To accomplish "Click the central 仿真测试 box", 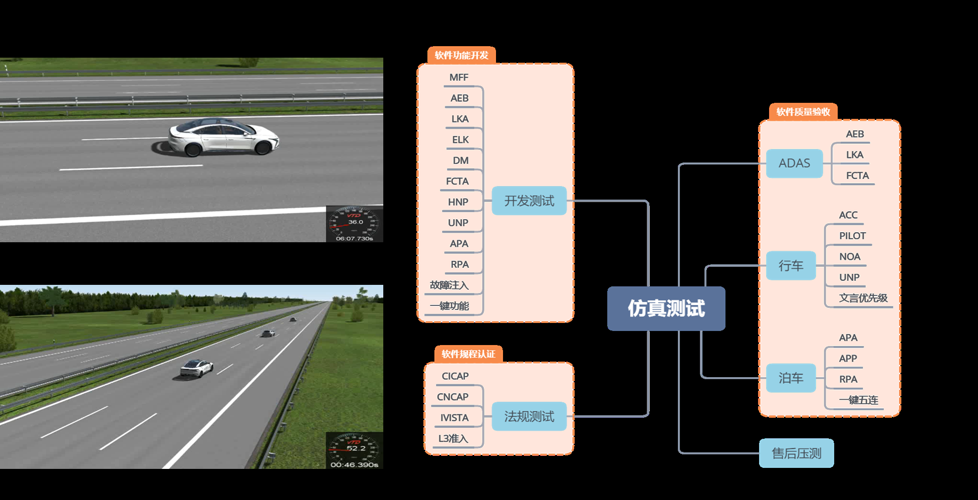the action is click(666, 308).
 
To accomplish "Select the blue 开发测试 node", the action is click(529, 201).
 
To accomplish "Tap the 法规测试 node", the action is click(529, 416).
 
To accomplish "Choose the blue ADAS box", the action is click(794, 163).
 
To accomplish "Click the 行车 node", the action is click(791, 265).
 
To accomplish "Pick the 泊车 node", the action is click(791, 378).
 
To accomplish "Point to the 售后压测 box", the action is click(796, 453).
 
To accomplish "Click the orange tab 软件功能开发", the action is click(461, 55).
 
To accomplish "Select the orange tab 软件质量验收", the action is click(803, 112).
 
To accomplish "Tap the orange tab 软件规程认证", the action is click(468, 354).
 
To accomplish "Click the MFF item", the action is click(458, 77).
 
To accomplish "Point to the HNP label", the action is click(458, 202).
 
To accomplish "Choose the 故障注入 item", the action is click(449, 285).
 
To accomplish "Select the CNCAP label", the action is click(452, 397).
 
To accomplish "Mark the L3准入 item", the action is click(453, 438).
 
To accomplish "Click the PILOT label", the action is click(852, 236).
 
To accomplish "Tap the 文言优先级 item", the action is click(863, 298).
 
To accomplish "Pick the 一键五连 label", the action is click(858, 400).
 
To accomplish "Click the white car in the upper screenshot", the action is click(223, 136).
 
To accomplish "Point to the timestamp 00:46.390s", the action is click(354, 465).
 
